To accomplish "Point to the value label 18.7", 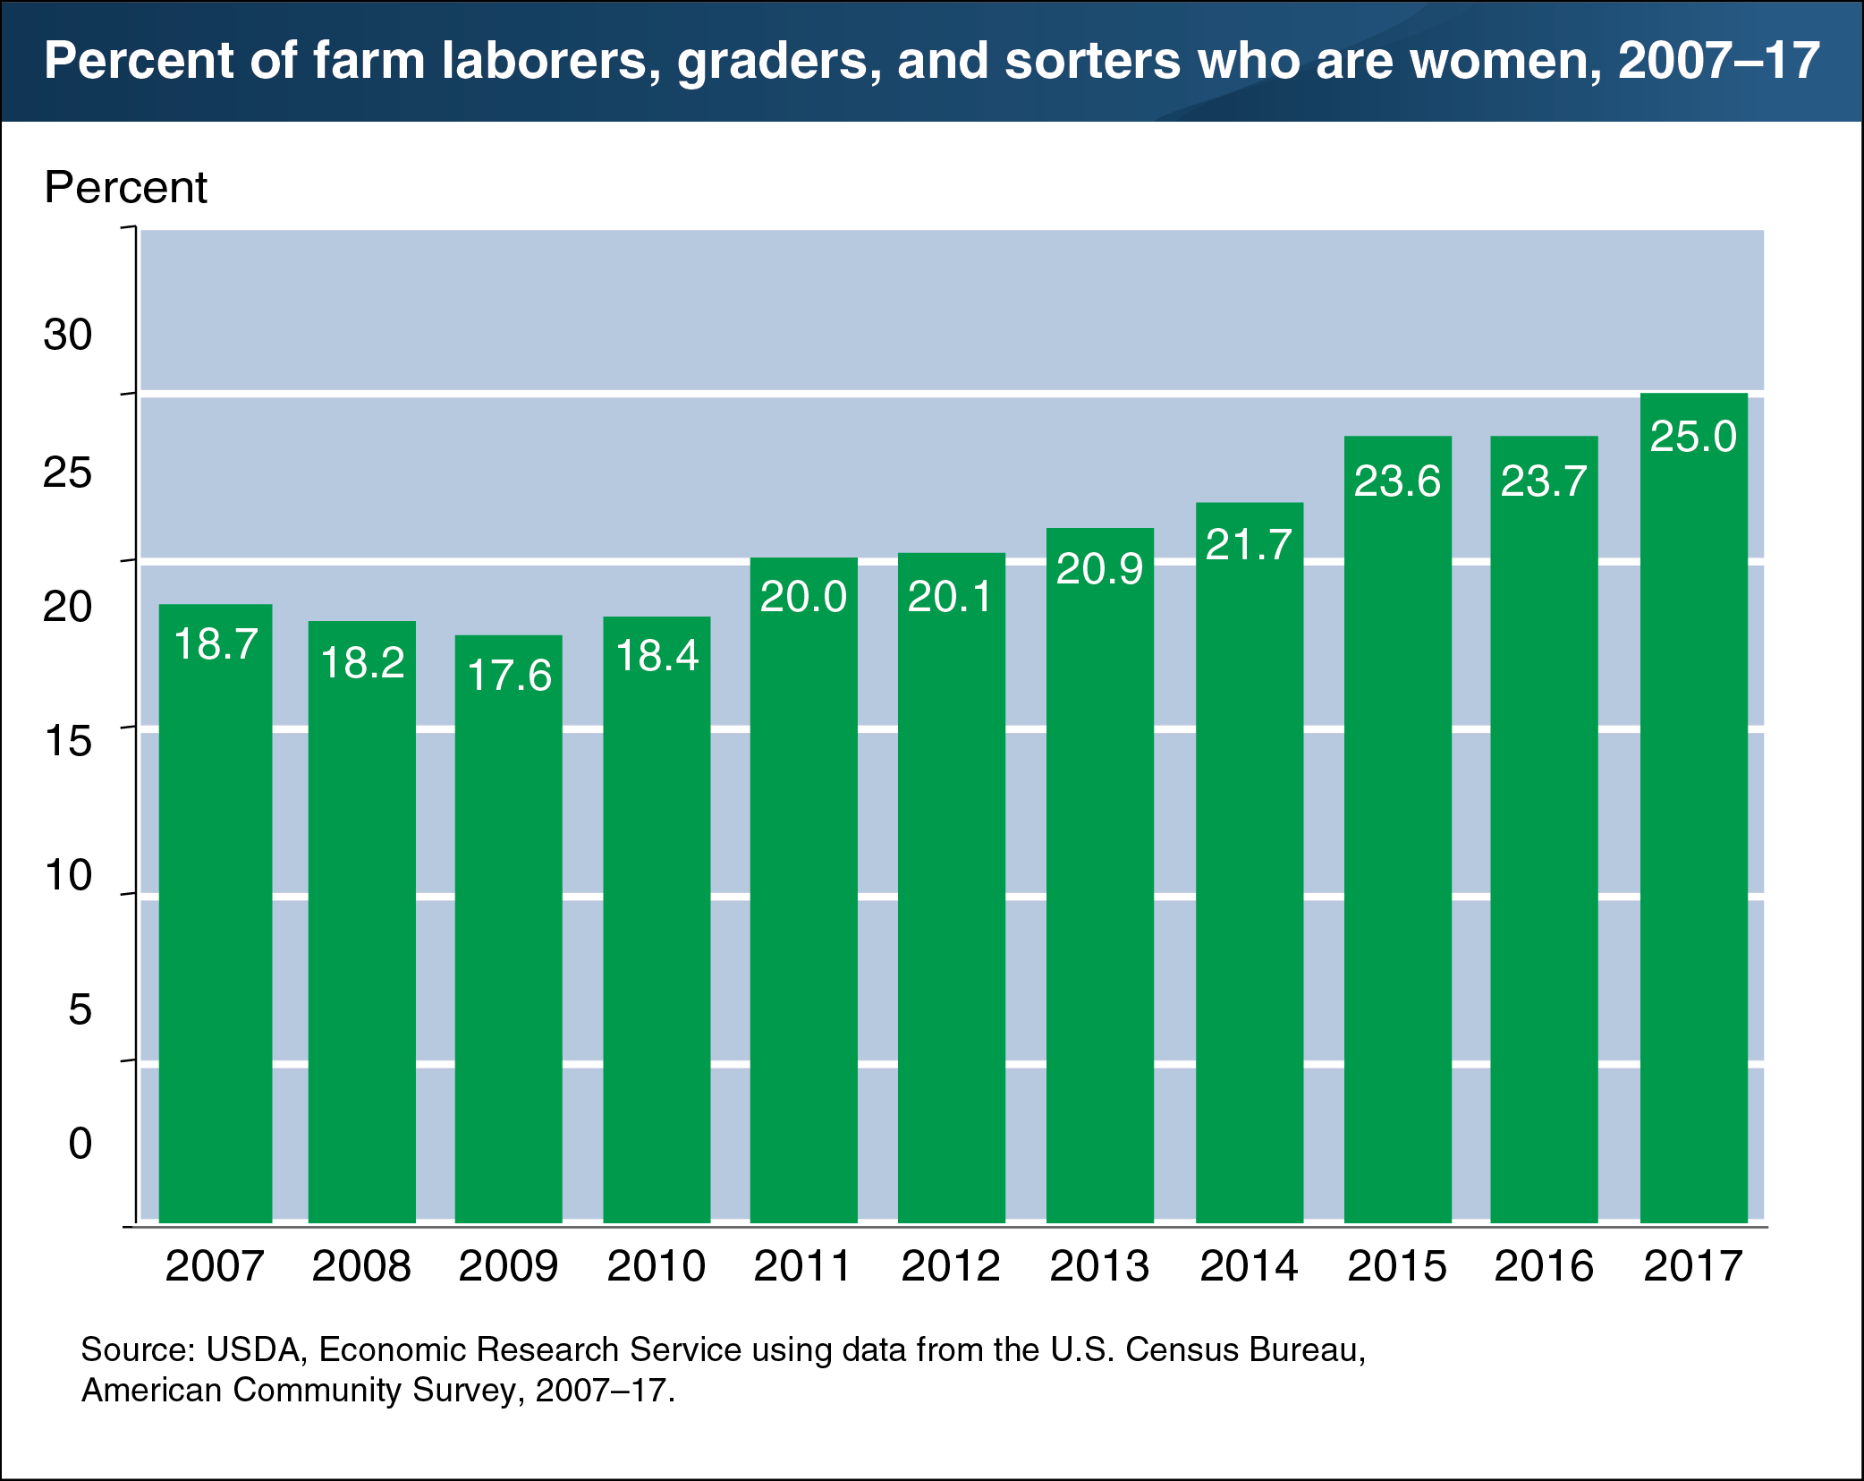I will pos(216,643).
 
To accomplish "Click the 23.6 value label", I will pos(1397,481).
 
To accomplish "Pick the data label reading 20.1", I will pos(950,597).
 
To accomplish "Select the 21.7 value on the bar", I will pos(1249,545).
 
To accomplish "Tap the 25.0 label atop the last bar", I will pos(1693,437).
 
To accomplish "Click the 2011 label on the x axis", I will pos(802,1266).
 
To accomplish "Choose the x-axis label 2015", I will pos(1397,1266).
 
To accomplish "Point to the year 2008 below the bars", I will pos(361,1266).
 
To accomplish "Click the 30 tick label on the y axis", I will pos(68,336).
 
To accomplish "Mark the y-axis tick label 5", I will pos(80,1010).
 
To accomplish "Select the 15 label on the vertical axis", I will pos(68,741).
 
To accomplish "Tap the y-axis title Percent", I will pos(125,188).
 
